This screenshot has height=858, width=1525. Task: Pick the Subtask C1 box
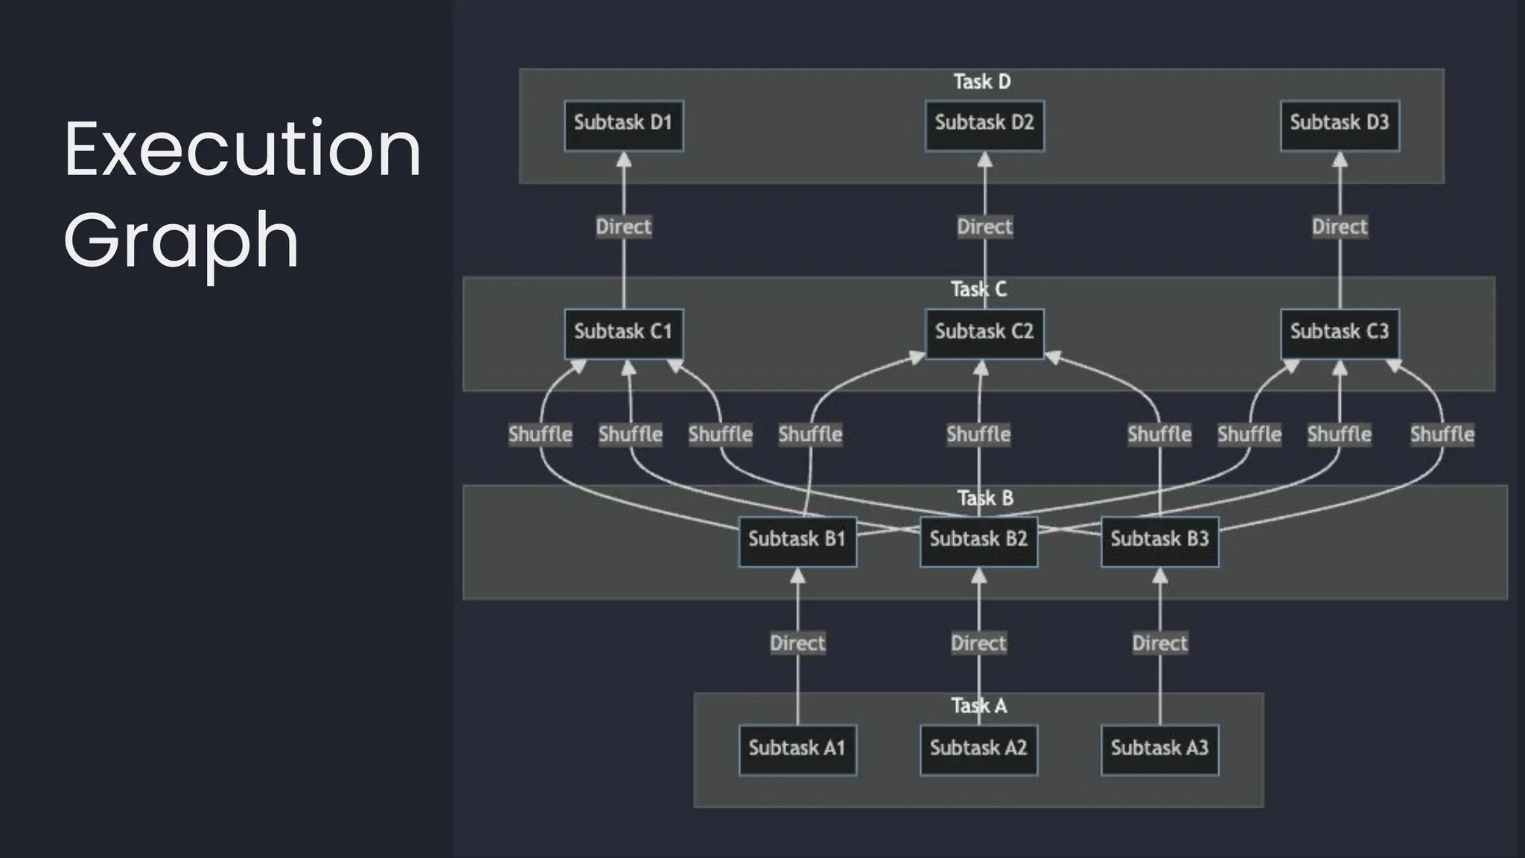[623, 333]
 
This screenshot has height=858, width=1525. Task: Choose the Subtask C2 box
[984, 333]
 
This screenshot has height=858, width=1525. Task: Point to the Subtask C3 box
[1340, 333]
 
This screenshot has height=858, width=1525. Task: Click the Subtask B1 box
[797, 541]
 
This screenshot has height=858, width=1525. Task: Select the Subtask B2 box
[978, 541]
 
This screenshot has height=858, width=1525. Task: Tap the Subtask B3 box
[1159, 541]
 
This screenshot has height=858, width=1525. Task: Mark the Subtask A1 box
[797, 749]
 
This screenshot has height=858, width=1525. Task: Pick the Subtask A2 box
[978, 749]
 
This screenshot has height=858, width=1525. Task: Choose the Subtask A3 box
[1159, 749]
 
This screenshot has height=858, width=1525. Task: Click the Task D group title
[982, 82]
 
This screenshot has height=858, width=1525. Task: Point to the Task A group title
[979, 706]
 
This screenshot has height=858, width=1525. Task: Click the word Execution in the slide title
[243, 150]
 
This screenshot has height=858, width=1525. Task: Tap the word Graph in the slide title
[182, 241]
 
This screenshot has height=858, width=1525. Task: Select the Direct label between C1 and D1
[623, 227]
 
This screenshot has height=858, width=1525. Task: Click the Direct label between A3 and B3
[1159, 643]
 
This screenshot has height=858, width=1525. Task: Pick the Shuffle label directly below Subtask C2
[978, 434]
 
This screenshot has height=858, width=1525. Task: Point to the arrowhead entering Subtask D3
[1340, 159]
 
